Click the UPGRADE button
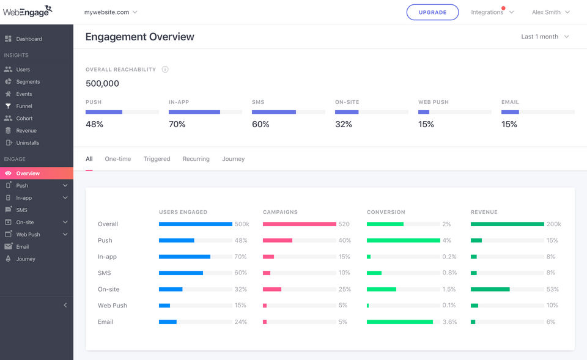pos(432,12)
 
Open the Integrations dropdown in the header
pos(492,12)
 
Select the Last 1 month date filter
pos(544,37)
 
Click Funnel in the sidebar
pos(24,106)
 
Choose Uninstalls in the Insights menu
pos(28,143)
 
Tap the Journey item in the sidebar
pos(26,259)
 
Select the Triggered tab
pos(157,159)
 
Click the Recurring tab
pos(196,159)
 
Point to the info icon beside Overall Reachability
pos(165,70)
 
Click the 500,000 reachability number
pos(102,84)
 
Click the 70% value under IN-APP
pos(177,124)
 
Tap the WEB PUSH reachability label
pos(432,102)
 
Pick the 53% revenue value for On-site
pos(552,289)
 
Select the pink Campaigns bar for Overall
pos(299,224)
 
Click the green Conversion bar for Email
pos(399,321)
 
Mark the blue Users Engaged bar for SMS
pos(180,273)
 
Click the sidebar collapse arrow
pos(65,305)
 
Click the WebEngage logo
pos(28,11)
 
